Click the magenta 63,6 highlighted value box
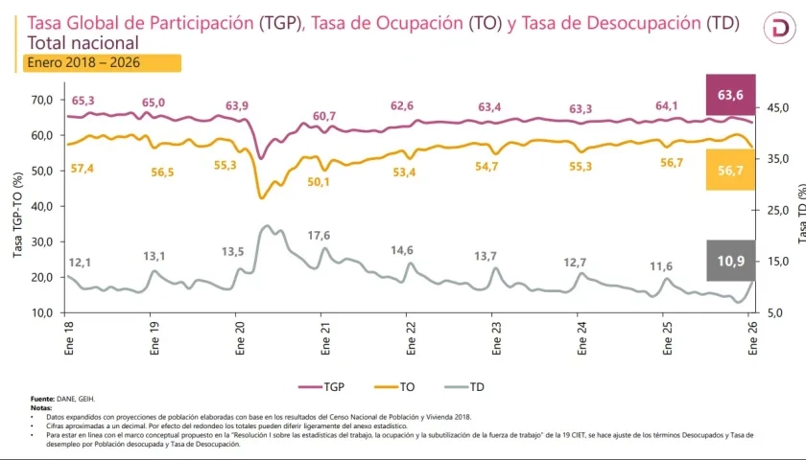point(730,94)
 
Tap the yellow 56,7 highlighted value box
point(730,171)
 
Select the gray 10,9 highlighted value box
point(730,261)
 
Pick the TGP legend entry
point(324,387)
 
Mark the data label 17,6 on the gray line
point(319,236)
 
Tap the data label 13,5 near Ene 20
point(234,252)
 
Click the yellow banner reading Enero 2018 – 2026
point(101,63)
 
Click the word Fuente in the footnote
point(42,398)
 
